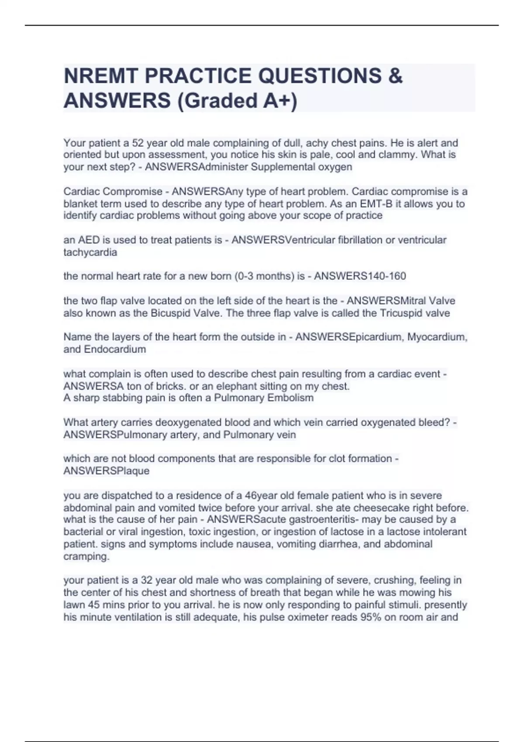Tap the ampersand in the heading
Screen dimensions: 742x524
click(394, 76)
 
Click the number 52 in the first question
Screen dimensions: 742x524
click(138, 143)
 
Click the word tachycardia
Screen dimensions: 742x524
click(90, 252)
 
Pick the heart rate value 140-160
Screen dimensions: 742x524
click(382, 276)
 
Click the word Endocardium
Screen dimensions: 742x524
click(115, 350)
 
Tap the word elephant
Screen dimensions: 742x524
click(242, 386)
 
